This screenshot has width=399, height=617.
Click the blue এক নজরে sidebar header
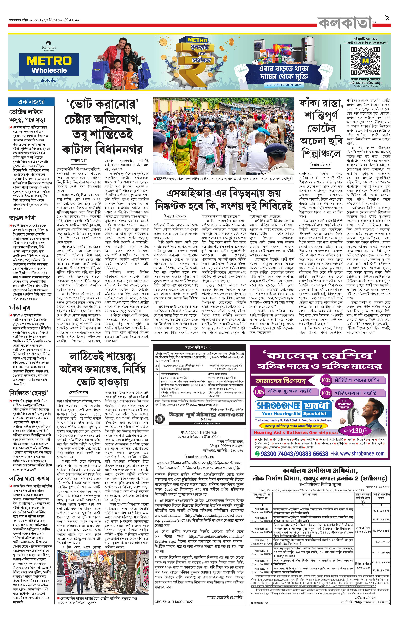(31, 102)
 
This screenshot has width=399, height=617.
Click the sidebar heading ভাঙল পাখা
(23, 218)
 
